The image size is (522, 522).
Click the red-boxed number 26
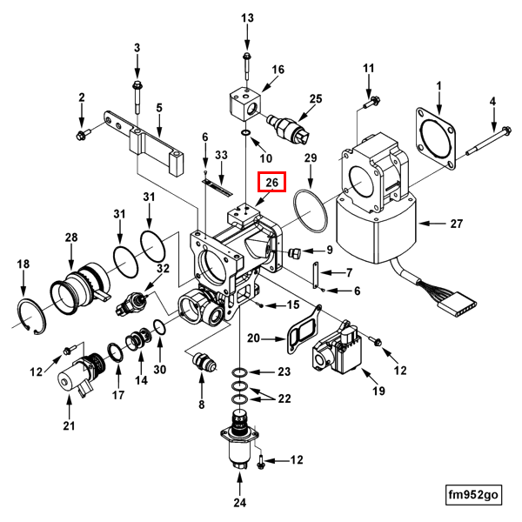[x=271, y=183]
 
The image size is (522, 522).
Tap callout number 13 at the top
[x=247, y=17]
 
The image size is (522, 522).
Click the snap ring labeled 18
[x=28, y=313]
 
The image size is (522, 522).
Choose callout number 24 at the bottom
[x=239, y=501]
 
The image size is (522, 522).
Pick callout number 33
[x=221, y=155]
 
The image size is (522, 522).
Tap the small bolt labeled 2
[x=84, y=135]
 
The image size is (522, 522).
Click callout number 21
[x=69, y=425]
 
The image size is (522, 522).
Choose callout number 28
[x=71, y=237]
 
